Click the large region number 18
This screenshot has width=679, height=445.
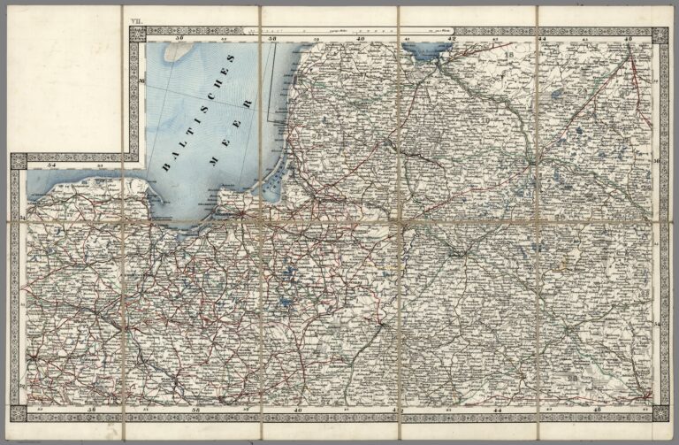point(509,57)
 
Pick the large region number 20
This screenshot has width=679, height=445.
point(574,379)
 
